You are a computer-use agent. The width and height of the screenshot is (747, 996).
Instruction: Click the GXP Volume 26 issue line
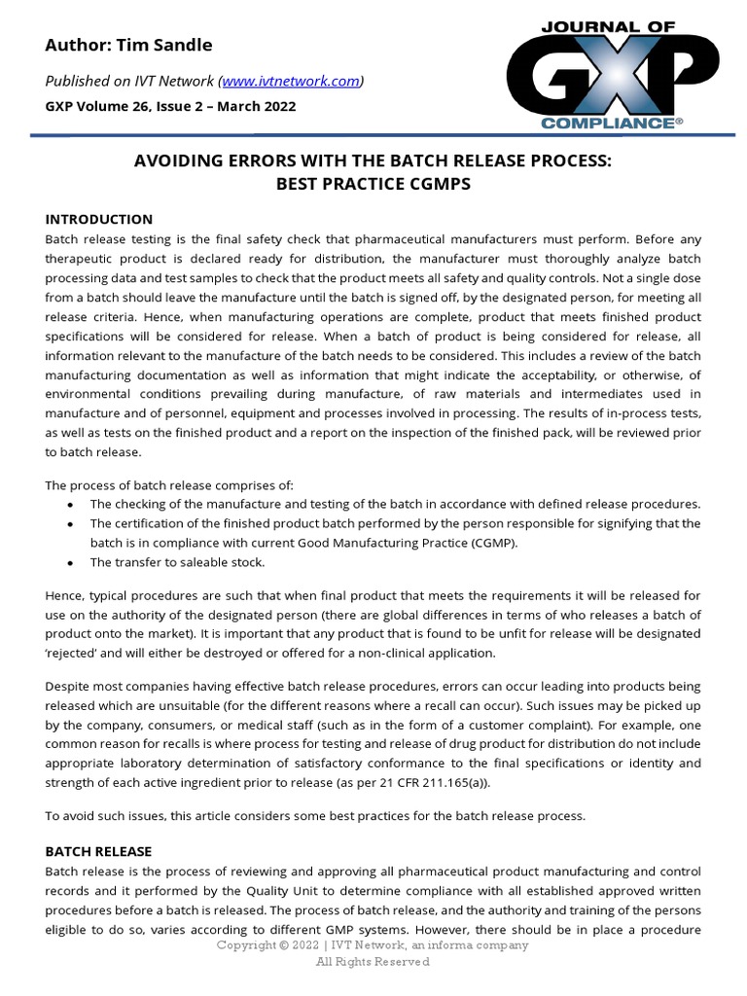coord(171,106)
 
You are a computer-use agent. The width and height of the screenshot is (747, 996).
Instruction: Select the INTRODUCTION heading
coord(99,219)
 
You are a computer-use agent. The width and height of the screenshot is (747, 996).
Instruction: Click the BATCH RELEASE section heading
coord(98,851)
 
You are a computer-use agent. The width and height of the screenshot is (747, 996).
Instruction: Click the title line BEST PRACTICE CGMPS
coord(373,185)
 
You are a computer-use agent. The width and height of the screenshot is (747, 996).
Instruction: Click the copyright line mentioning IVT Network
coord(373,945)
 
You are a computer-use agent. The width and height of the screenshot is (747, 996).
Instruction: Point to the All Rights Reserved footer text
coord(373,962)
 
